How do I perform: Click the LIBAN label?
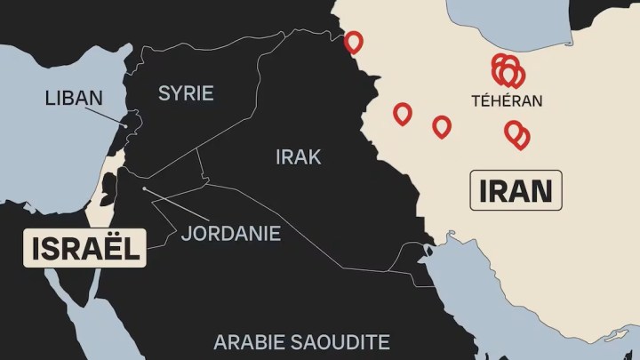pyautogui.click(x=74, y=98)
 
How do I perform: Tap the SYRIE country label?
pyautogui.click(x=186, y=92)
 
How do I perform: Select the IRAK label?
pyautogui.click(x=298, y=157)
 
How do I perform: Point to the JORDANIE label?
pyautogui.click(x=231, y=234)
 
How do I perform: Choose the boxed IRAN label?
pyautogui.click(x=516, y=190)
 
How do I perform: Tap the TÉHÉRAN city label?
pyautogui.click(x=507, y=101)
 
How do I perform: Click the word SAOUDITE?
pyautogui.click(x=339, y=341)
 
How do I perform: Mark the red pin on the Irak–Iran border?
pyautogui.click(x=354, y=42)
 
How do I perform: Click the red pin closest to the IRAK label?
pyautogui.click(x=403, y=113)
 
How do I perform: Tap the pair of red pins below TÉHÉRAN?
pyautogui.click(x=516, y=134)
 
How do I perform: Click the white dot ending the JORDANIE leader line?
pyautogui.click(x=145, y=188)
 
